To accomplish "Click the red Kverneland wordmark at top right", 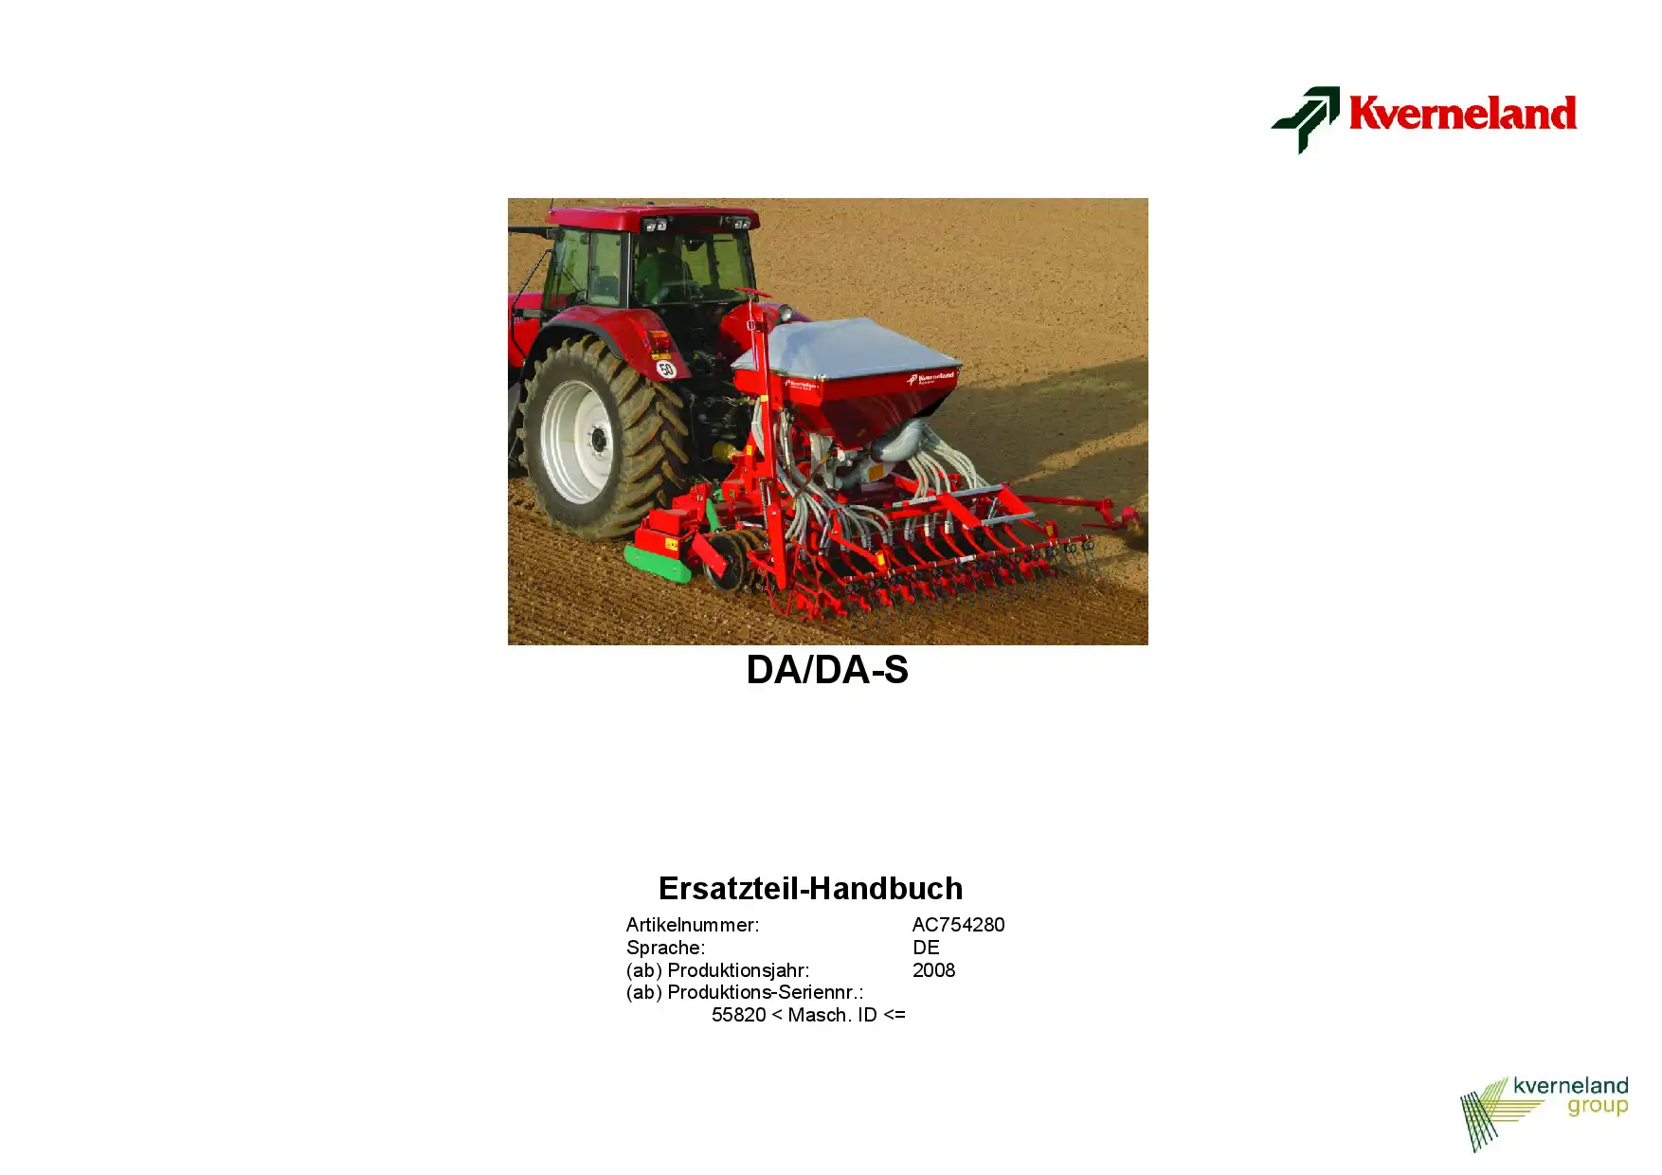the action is coord(1462,113).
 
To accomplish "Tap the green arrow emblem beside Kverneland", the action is coord(1306,119).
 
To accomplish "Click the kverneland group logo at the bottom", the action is coord(1545,1113).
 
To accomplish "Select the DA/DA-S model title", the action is coord(827,670).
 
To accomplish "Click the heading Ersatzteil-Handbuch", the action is coord(810,888).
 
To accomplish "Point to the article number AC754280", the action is coord(958,925).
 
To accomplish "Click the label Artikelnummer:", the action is coord(693,925).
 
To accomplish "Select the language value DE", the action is coord(926,948).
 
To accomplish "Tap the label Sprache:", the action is coord(665,948).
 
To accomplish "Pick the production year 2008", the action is coord(933,970).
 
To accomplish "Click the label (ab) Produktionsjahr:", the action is coord(717,970).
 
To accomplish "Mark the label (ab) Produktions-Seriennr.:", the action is coord(745,992).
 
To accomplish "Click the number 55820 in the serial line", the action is coord(738,1015).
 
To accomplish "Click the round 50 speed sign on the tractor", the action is coord(666,369).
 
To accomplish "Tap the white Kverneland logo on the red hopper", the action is coord(930,378).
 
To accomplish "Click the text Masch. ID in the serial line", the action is coord(832,1015).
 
